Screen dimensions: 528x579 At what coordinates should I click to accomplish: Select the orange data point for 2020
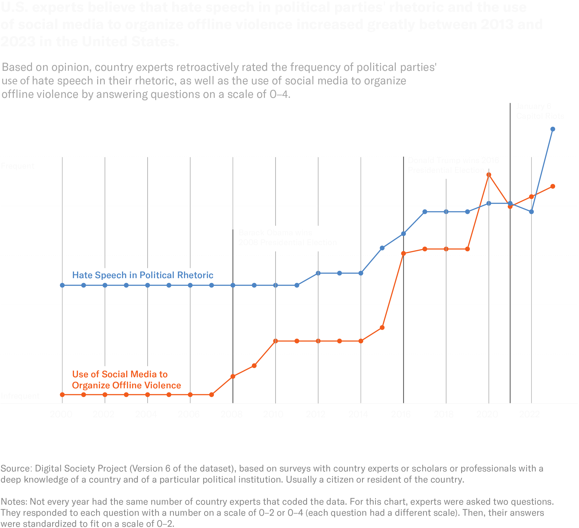488,175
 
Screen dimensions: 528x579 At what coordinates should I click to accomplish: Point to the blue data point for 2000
62,285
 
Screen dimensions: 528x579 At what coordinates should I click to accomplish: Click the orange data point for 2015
382,328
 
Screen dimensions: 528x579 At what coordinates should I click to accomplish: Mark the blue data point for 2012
318,273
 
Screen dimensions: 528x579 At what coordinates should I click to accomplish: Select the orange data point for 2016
403,253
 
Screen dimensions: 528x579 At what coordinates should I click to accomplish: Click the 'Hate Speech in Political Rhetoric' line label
142,275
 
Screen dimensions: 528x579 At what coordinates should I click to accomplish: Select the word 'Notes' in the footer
14,502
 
